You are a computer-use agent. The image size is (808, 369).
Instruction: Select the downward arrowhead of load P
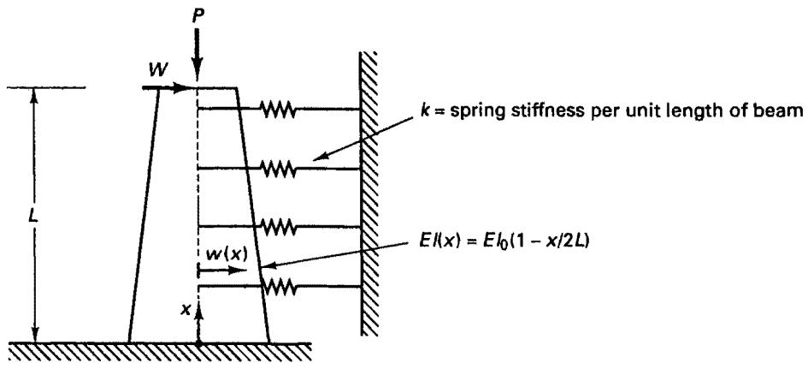[x=198, y=72]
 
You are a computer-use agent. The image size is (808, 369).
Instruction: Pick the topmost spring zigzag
[x=277, y=109]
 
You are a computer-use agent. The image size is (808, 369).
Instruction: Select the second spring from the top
[x=278, y=169]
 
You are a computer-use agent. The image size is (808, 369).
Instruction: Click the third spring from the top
[x=278, y=226]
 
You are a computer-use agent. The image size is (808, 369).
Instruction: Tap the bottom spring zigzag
[x=278, y=285]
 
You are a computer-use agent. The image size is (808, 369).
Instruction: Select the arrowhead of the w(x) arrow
[x=240, y=270]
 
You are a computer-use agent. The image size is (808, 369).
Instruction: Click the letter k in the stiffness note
[x=425, y=123]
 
